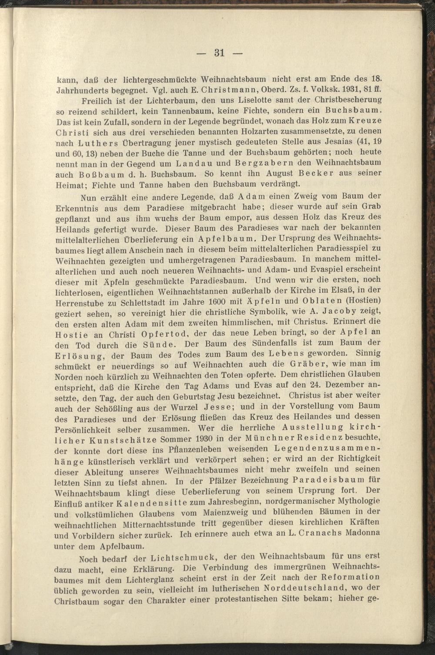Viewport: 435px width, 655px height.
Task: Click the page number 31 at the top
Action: tap(219, 53)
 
